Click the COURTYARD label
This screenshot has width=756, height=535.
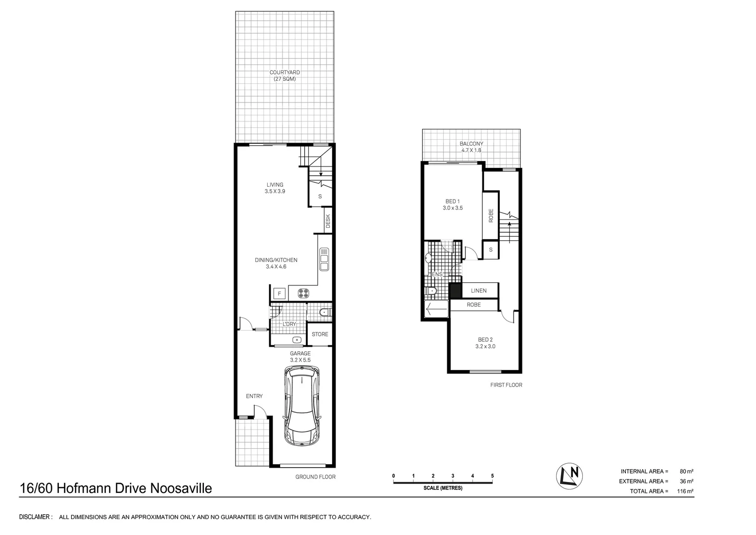[284, 72]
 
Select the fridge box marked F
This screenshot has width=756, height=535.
[280, 293]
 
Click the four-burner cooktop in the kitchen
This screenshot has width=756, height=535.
[303, 293]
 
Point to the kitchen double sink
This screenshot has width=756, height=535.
[324, 259]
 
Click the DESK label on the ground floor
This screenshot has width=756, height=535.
[328, 221]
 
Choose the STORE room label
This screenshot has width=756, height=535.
[320, 334]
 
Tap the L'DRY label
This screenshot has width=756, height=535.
[289, 324]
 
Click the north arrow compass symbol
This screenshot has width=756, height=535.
[569, 476]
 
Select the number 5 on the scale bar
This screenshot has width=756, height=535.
[492, 476]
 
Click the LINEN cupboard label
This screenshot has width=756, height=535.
[478, 291]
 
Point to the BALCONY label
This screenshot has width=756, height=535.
[471, 144]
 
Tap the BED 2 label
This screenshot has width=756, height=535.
[485, 340]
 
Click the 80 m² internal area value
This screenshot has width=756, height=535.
[686, 471]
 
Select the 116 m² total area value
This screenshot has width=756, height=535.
[685, 491]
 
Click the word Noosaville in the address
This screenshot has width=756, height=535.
[181, 488]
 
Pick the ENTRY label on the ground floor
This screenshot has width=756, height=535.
[254, 396]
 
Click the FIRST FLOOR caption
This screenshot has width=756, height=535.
[506, 385]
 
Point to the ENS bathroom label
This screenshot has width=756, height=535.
[437, 274]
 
